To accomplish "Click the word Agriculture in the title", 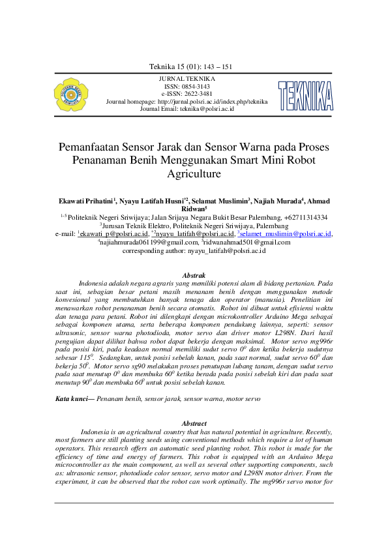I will tap(194, 174).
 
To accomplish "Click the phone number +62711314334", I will tap(306, 218).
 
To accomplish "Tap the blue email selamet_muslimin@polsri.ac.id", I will tap(286, 233).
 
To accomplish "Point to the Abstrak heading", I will tap(194, 276).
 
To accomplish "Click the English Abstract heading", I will tap(194, 424).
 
